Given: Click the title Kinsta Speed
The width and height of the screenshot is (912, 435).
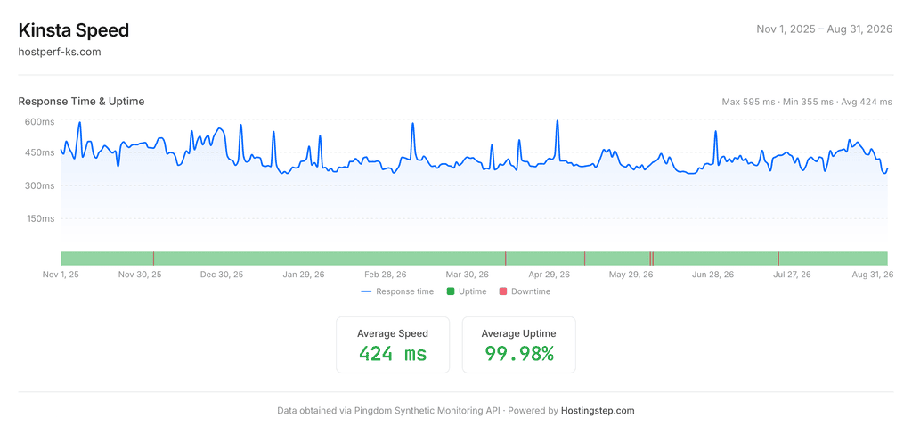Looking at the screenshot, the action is (x=74, y=30).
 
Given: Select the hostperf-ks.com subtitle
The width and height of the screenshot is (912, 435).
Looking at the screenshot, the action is (x=60, y=52).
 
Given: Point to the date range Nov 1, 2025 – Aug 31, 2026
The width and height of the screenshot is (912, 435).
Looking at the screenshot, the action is (x=824, y=29).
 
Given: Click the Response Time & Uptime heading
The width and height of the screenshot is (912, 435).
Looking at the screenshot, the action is (x=81, y=102).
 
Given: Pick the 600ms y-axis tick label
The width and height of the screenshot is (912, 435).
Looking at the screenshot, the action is (x=39, y=122).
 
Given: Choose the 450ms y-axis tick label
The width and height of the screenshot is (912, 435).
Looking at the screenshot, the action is (x=39, y=152).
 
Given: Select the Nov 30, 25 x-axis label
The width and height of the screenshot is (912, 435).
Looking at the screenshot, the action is (x=140, y=275).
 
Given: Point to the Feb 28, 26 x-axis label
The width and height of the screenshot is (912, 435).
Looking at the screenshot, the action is (x=386, y=275).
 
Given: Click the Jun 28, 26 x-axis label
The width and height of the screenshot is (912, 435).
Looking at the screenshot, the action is (x=713, y=275).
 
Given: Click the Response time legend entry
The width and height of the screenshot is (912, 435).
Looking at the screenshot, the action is (x=397, y=291).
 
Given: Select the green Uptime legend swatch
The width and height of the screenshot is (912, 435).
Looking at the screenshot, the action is (x=450, y=291).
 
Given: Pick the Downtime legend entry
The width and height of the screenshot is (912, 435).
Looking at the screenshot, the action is (x=525, y=291).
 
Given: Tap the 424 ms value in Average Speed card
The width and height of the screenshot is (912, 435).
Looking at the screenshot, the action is (x=393, y=354).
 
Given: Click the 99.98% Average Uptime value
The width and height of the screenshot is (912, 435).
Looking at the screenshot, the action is (x=519, y=354).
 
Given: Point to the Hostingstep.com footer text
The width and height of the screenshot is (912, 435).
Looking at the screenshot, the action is (x=598, y=411).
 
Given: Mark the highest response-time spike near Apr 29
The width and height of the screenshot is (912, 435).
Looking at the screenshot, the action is (x=558, y=121).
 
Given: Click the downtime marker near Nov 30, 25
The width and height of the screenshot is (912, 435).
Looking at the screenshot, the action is (x=153, y=259).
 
